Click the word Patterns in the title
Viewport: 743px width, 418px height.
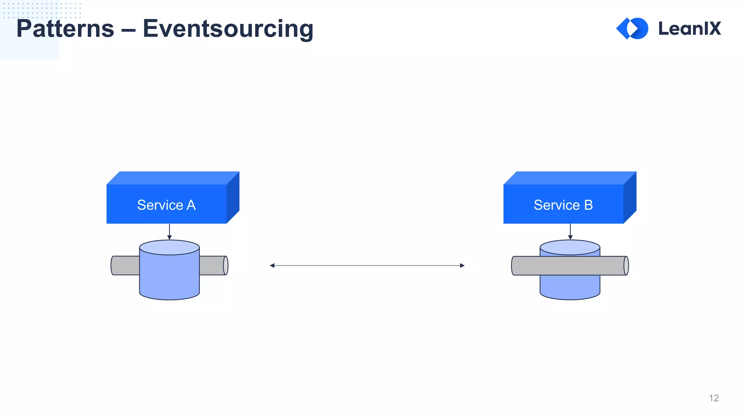click(x=65, y=29)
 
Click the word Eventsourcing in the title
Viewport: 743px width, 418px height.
click(x=228, y=29)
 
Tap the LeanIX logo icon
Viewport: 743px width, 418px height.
click(x=632, y=28)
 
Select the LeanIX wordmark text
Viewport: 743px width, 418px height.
click(x=689, y=29)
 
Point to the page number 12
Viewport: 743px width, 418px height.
click(x=714, y=398)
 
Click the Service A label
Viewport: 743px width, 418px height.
click(x=166, y=205)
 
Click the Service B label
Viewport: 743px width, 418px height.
click(x=563, y=205)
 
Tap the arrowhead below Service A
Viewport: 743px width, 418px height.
click(x=169, y=237)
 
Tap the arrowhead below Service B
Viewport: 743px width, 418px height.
click(x=570, y=237)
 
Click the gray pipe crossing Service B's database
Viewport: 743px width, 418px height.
click(x=570, y=266)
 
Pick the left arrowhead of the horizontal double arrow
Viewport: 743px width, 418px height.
click(x=272, y=266)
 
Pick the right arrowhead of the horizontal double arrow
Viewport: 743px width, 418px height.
click(x=462, y=266)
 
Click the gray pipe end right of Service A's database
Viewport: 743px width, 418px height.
click(x=214, y=266)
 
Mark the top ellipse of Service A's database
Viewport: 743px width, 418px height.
click(x=169, y=247)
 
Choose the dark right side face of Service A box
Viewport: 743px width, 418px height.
click(x=233, y=198)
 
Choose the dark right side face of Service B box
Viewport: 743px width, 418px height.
click(x=630, y=198)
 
